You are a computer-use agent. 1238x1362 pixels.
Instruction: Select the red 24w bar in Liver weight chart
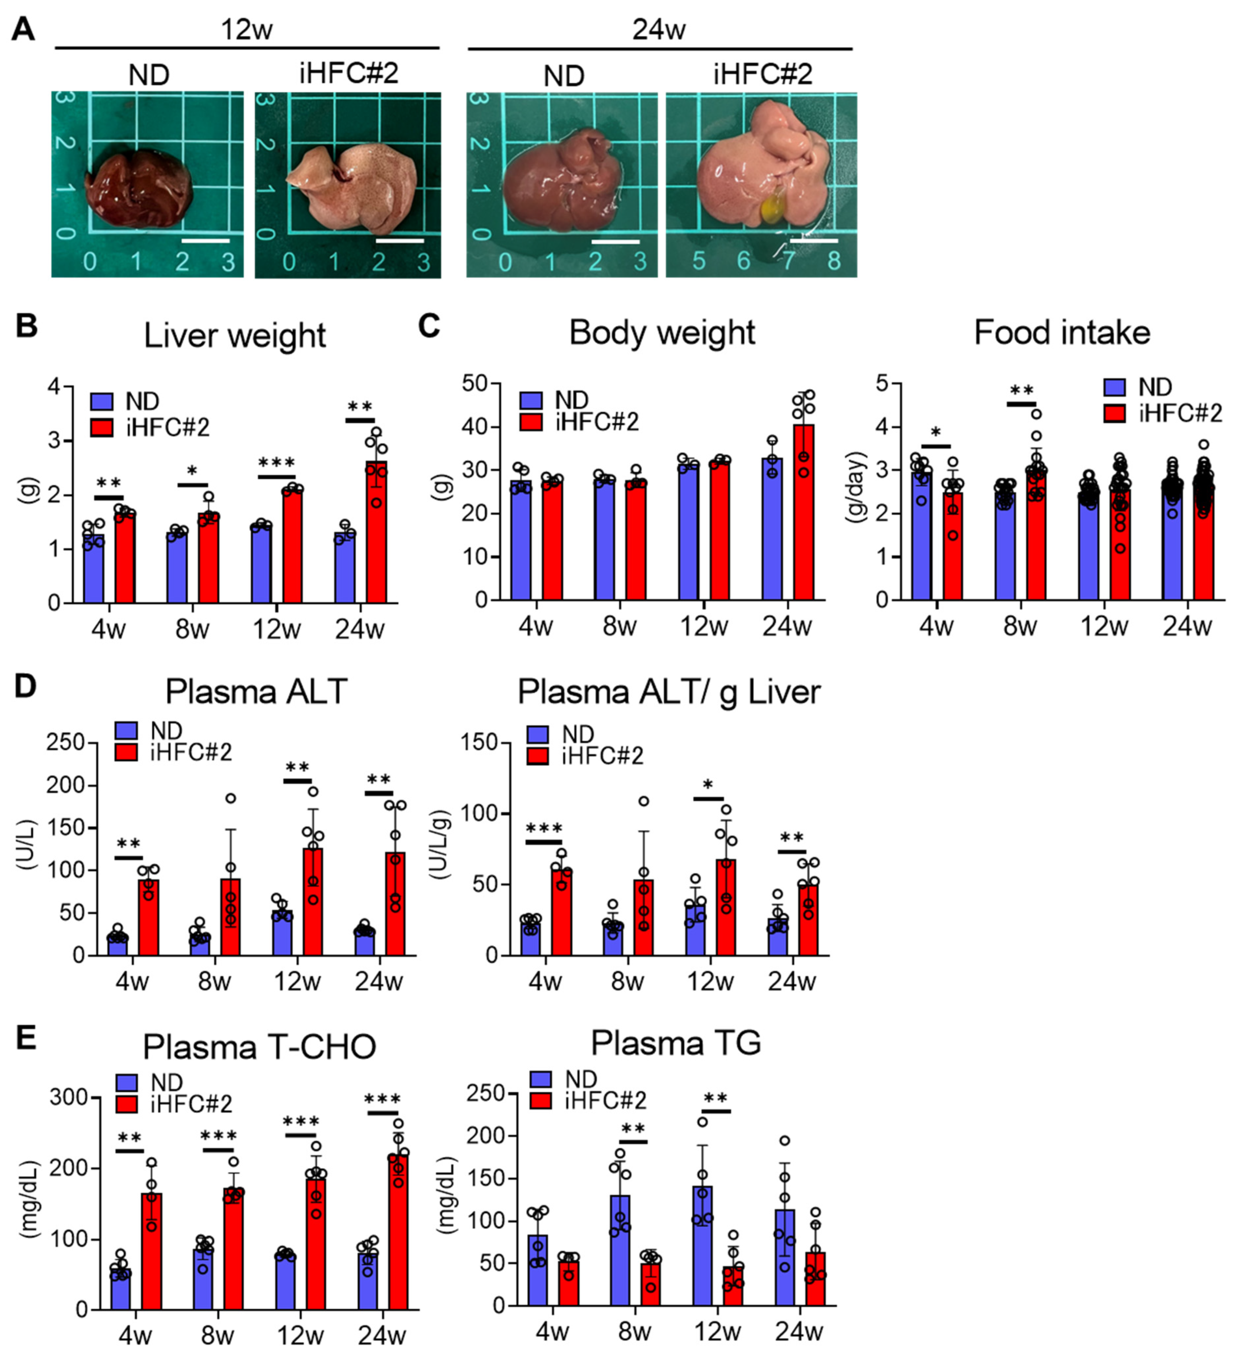pyautogui.click(x=377, y=534)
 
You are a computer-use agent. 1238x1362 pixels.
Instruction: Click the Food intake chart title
pyautogui.click(x=1061, y=333)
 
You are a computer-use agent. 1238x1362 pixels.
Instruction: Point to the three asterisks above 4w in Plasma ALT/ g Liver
pyautogui.click(x=544, y=829)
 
